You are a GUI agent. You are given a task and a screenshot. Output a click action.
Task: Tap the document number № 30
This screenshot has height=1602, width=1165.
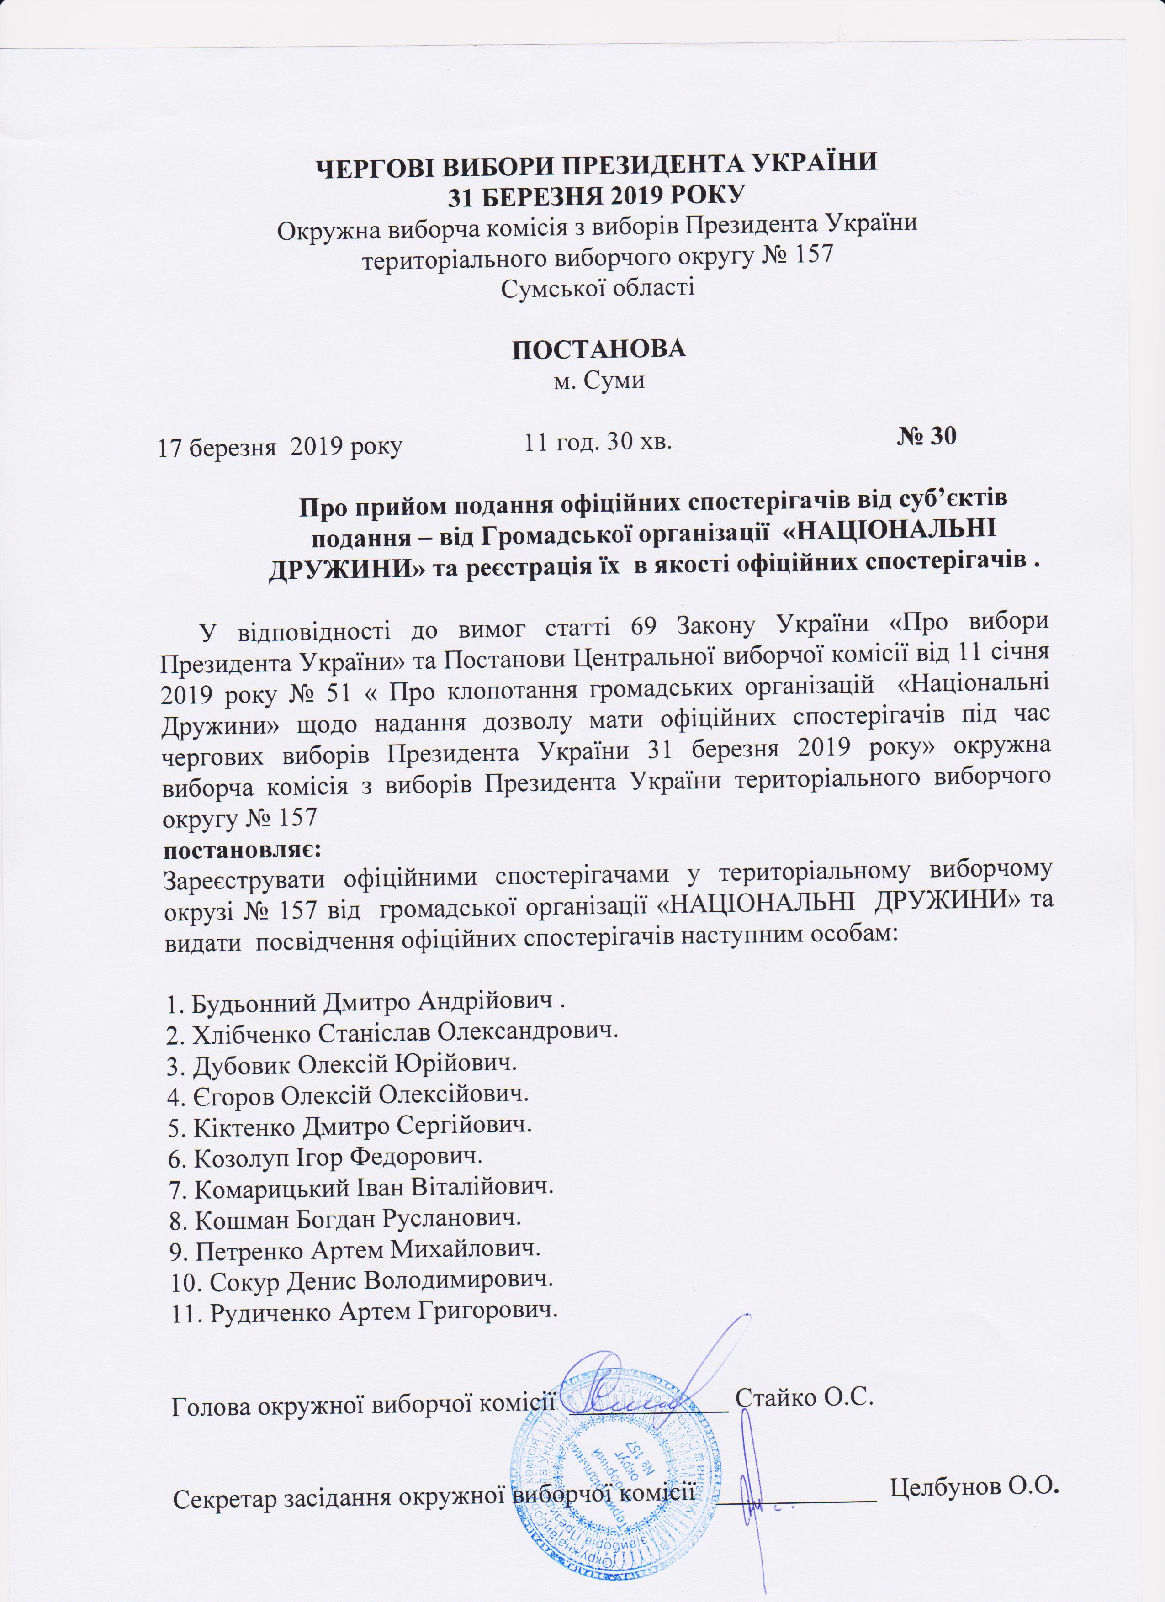pos(926,436)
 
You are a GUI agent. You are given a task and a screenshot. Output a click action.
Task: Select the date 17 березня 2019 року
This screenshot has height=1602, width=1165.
pos(280,446)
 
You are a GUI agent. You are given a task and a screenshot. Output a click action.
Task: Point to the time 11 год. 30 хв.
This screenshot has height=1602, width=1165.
pos(597,442)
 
